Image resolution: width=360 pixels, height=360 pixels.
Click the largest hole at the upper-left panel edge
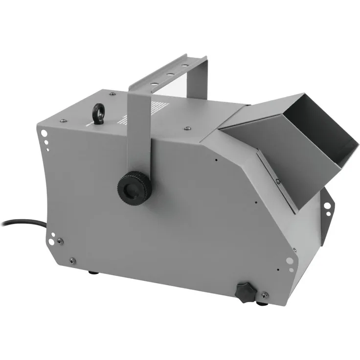(x=45, y=133)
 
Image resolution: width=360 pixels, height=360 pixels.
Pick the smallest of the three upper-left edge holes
(x=48, y=149)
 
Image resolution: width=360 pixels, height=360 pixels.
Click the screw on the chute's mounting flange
(x=277, y=182)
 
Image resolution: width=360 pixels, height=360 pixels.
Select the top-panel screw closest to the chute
(x=186, y=128)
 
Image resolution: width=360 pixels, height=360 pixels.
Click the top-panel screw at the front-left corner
(x=62, y=121)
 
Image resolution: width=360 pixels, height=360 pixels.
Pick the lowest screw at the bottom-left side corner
(x=72, y=260)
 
